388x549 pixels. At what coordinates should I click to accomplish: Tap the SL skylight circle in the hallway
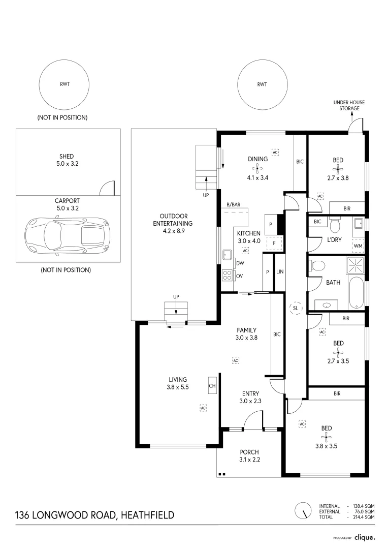[296, 308]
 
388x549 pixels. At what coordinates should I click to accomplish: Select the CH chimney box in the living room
[212, 386]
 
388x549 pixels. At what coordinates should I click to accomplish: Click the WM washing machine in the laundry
[358, 246]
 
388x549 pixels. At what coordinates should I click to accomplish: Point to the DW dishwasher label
[240, 263]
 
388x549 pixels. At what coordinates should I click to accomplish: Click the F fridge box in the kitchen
[274, 243]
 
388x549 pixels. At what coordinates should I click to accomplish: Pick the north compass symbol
[303, 510]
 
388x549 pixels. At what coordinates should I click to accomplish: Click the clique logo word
[365, 537]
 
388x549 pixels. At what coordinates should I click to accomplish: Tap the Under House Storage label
[349, 105]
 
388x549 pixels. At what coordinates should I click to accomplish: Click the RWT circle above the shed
[64, 84]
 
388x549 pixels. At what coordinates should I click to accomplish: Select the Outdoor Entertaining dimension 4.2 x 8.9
[174, 231]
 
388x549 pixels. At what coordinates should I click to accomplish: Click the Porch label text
[249, 452]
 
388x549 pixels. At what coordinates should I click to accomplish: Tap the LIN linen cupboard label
[280, 272]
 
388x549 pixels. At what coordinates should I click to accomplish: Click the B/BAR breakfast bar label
[234, 204]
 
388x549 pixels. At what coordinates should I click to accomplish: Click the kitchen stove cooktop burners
[227, 276]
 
